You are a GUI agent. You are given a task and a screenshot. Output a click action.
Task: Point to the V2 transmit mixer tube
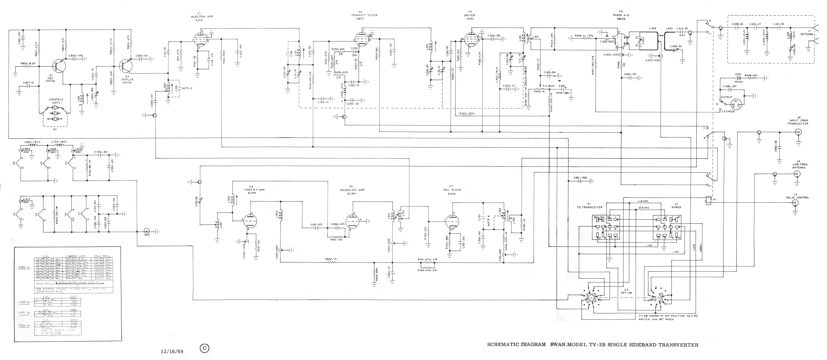[361, 40]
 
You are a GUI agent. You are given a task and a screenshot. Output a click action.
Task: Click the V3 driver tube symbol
[470, 40]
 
